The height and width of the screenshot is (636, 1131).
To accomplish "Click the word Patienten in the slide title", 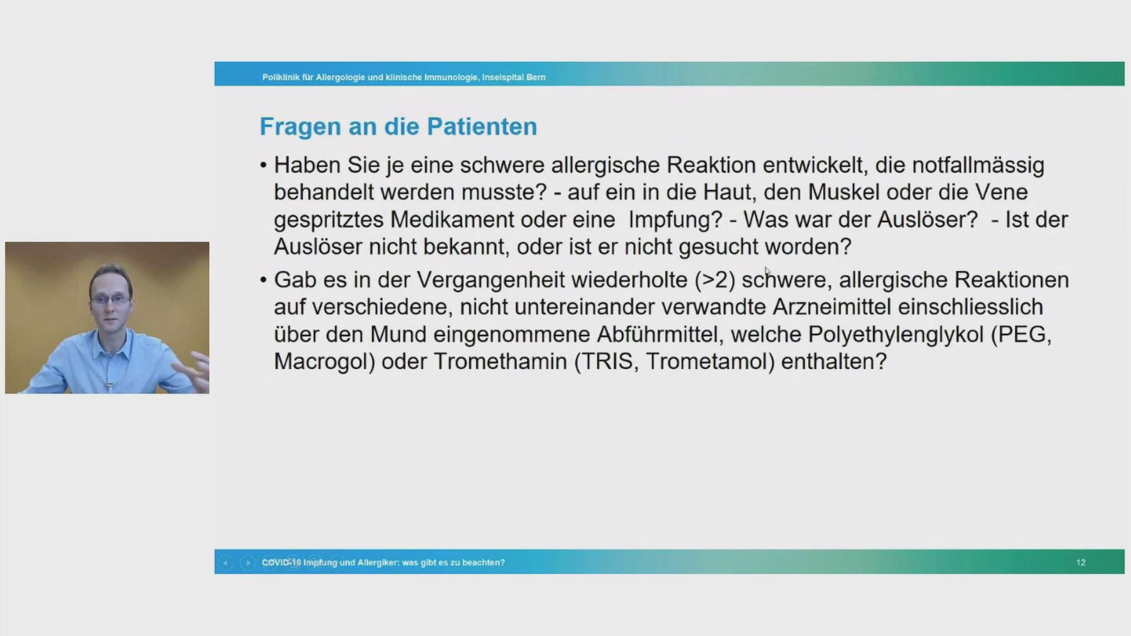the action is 482,127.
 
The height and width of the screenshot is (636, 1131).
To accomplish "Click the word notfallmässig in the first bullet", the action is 978,166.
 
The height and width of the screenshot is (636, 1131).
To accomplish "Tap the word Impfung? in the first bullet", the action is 675,220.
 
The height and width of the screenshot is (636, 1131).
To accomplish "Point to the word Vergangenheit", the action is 491,280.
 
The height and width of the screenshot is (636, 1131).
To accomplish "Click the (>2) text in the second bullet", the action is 715,280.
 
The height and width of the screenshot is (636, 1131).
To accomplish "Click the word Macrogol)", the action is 325,362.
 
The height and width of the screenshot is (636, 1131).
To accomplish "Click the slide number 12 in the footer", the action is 1080,562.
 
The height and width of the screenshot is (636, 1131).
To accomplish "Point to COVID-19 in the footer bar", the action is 281,562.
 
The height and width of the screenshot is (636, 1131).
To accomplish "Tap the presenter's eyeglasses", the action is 110,299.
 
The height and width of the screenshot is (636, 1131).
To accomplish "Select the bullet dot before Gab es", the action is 263,280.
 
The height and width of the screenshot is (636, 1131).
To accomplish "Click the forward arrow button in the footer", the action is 247,562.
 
